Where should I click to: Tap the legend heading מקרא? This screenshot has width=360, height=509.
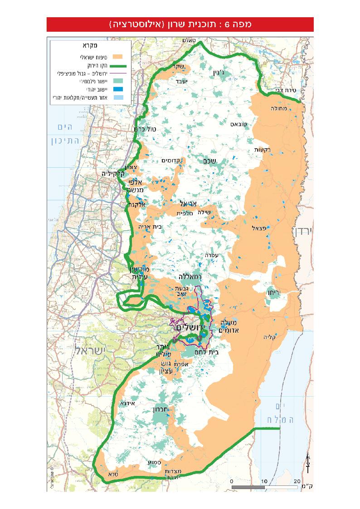tap(90, 46)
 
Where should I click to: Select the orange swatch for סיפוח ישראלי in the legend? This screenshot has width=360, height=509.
tap(118, 58)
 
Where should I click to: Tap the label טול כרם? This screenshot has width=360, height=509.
tap(145, 129)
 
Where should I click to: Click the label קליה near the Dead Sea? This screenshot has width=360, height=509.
tap(270, 337)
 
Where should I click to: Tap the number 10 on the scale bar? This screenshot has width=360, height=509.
tap(264, 481)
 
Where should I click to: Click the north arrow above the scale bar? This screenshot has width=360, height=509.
tap(307, 461)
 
